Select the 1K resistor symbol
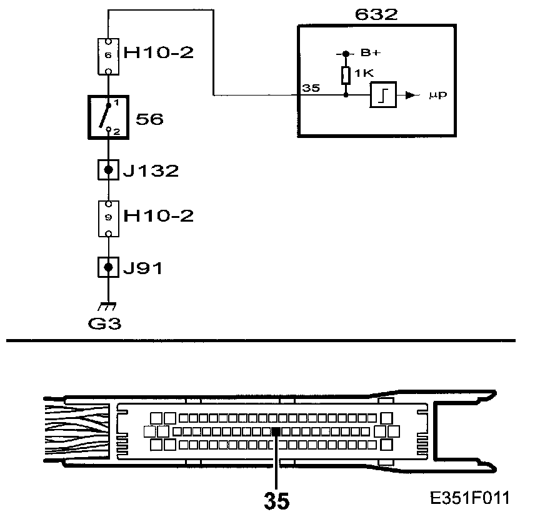(x=346, y=76)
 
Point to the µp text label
(x=438, y=96)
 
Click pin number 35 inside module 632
(x=310, y=88)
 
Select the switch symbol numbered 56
(x=109, y=118)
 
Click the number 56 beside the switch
(x=149, y=119)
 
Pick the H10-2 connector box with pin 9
(x=109, y=217)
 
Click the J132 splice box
(x=109, y=169)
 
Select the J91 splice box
(x=109, y=268)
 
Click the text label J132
(x=151, y=170)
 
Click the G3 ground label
(x=108, y=324)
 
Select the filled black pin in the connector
(x=275, y=431)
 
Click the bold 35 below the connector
(x=276, y=500)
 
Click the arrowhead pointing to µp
(x=410, y=96)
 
